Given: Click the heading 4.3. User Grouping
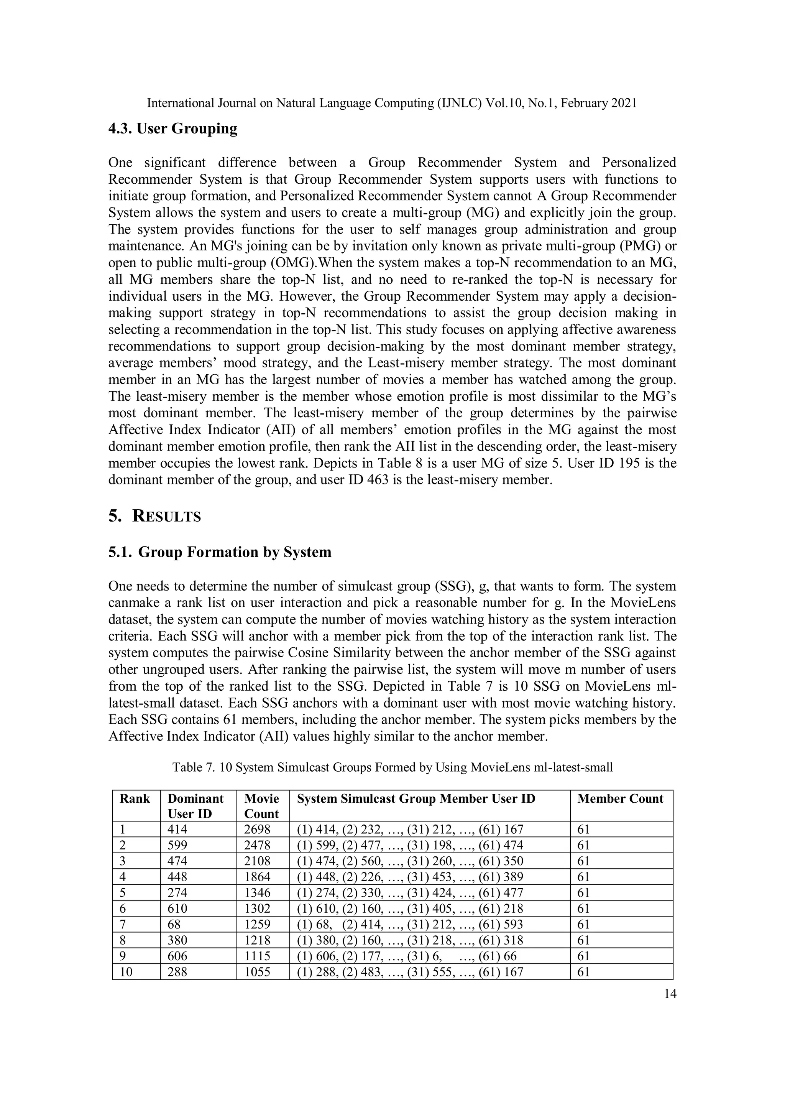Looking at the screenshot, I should pos(172,129).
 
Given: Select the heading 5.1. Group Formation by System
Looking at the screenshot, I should pos(220,552).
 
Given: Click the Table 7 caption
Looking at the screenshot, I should pos(392,767).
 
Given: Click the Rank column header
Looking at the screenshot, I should pos(135,799).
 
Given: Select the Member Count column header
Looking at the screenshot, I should pos(620,799).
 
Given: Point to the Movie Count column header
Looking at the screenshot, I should pos(262,806).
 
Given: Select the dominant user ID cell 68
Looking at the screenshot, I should pos(174,924).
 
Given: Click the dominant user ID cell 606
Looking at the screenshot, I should pos(177,956).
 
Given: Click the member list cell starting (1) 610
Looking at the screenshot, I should pos(410,909).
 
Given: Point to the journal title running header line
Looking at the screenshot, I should pos(392,103).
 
